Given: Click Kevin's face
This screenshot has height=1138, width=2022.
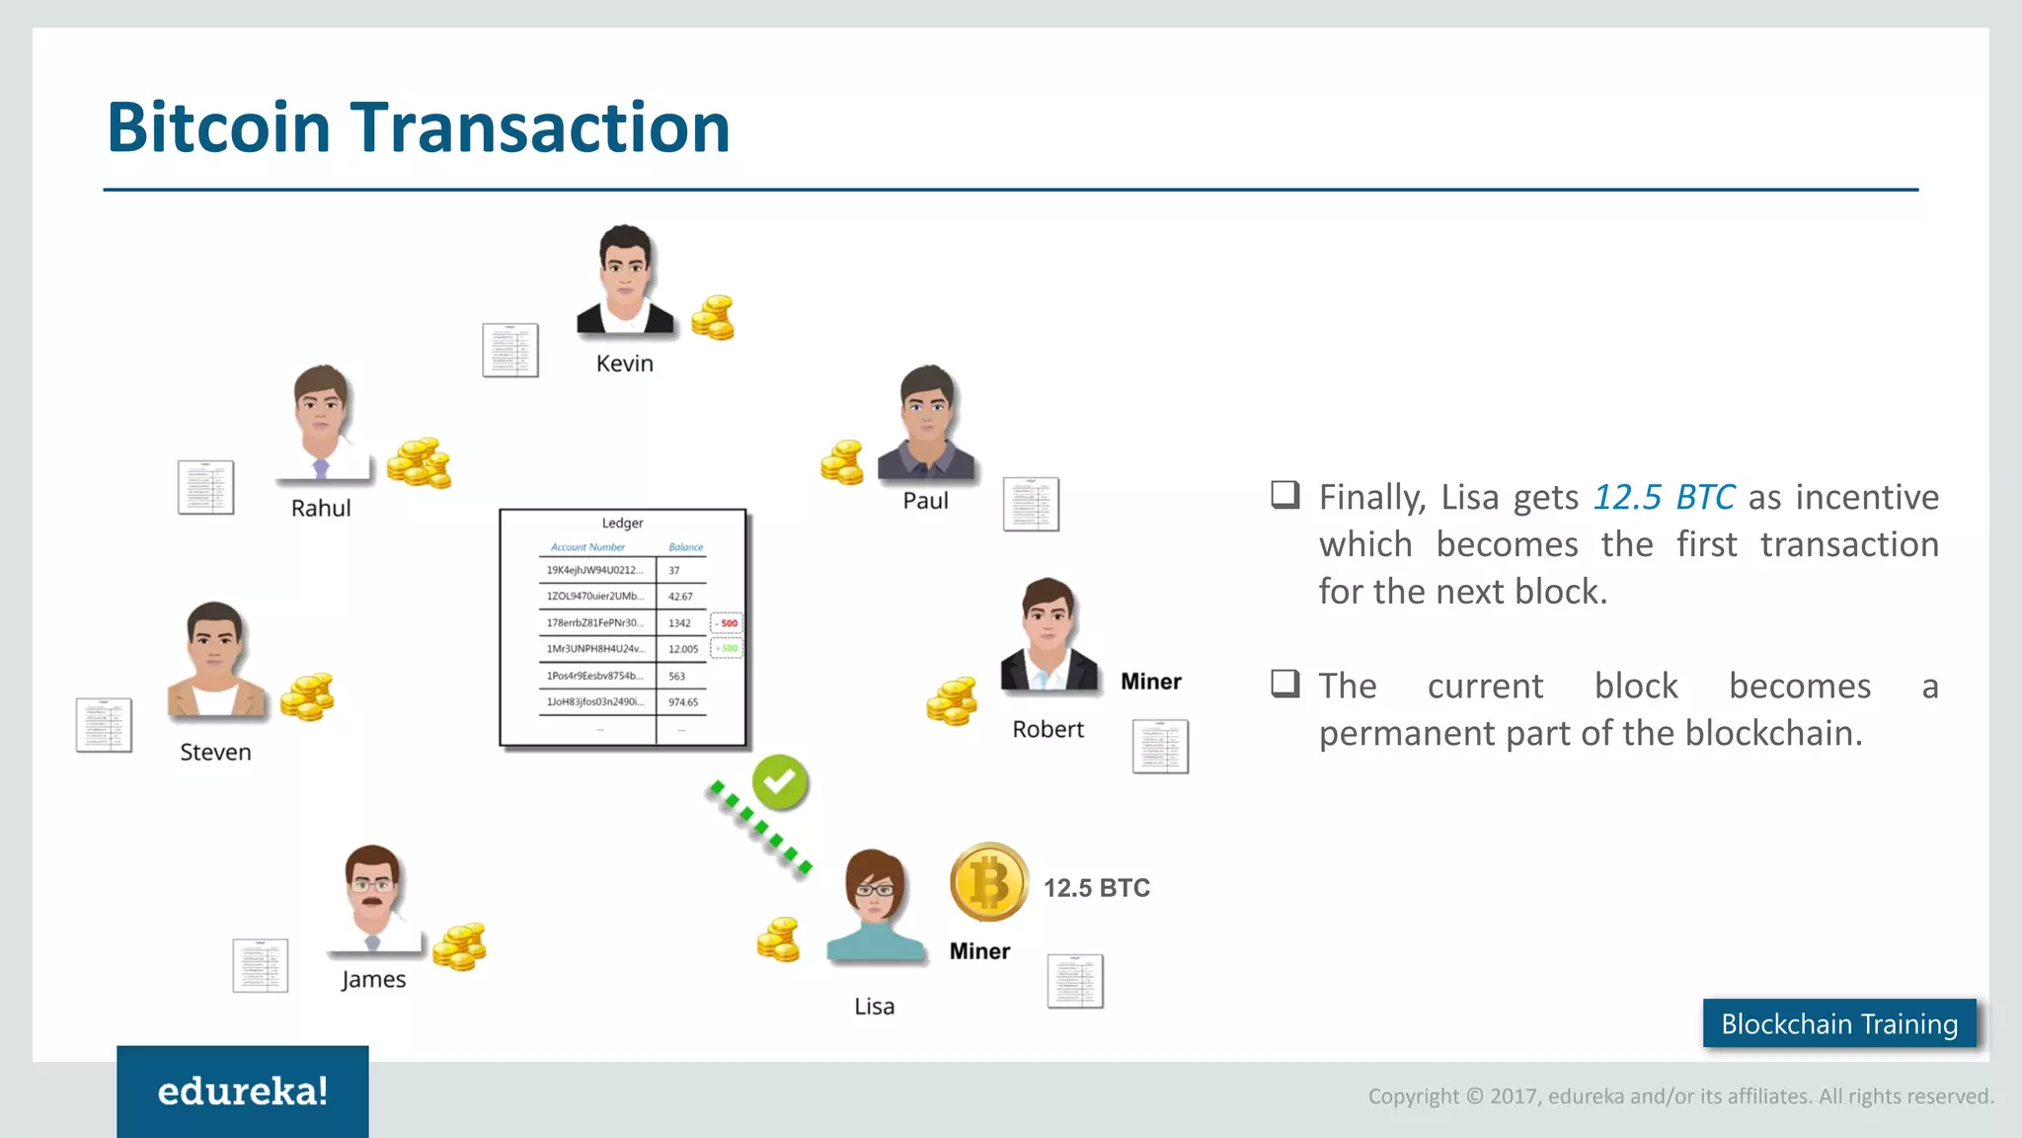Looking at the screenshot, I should (x=625, y=267).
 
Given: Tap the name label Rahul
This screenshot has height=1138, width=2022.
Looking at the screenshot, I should (x=321, y=508).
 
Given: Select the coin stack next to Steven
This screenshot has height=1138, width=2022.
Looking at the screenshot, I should (x=307, y=696).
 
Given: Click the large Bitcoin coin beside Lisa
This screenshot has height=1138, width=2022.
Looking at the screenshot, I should (x=988, y=882).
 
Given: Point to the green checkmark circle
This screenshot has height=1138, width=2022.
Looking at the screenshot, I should (x=780, y=782).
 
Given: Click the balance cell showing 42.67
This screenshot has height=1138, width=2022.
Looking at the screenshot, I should (x=680, y=597).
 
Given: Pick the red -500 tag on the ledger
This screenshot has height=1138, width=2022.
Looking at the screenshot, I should (x=728, y=623).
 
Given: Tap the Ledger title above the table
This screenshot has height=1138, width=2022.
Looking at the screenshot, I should (x=622, y=523).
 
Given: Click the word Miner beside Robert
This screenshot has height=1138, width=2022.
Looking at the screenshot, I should (x=1150, y=682).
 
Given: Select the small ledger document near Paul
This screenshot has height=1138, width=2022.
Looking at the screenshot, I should (x=1031, y=504).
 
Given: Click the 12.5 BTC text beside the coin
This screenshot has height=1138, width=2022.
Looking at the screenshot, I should (x=1096, y=888).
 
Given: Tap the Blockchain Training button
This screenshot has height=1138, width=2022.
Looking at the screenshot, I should (x=1838, y=1023).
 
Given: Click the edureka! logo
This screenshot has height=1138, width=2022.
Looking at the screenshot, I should (x=243, y=1092).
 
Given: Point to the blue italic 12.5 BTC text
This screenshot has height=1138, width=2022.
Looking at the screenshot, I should (x=1664, y=497).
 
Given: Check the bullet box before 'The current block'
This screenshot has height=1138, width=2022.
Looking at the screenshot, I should (x=1284, y=684).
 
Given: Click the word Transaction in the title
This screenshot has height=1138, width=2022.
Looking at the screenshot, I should (x=540, y=127).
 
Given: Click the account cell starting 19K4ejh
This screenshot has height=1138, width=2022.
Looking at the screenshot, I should (x=594, y=570).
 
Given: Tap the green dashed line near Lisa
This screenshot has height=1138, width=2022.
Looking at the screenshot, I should (x=759, y=827).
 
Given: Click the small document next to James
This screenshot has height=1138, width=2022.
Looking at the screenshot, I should (x=261, y=965).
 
